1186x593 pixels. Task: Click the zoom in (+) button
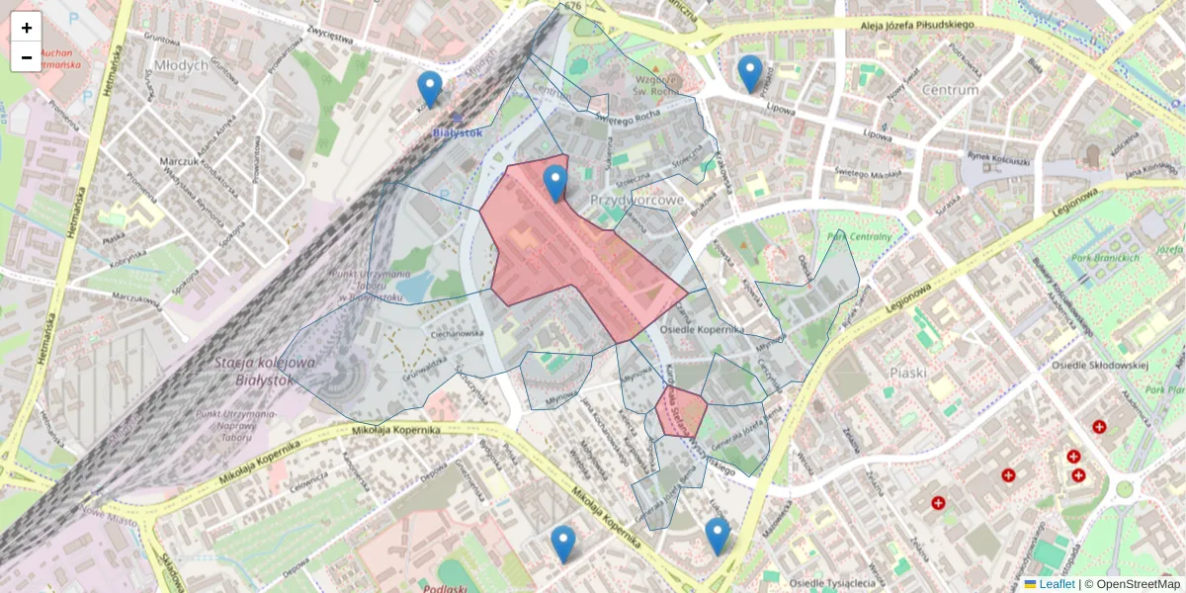click(x=27, y=28)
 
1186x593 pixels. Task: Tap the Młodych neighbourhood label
click(x=182, y=65)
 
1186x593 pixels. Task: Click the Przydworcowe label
click(x=637, y=200)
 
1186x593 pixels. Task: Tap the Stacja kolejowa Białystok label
click(x=265, y=372)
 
